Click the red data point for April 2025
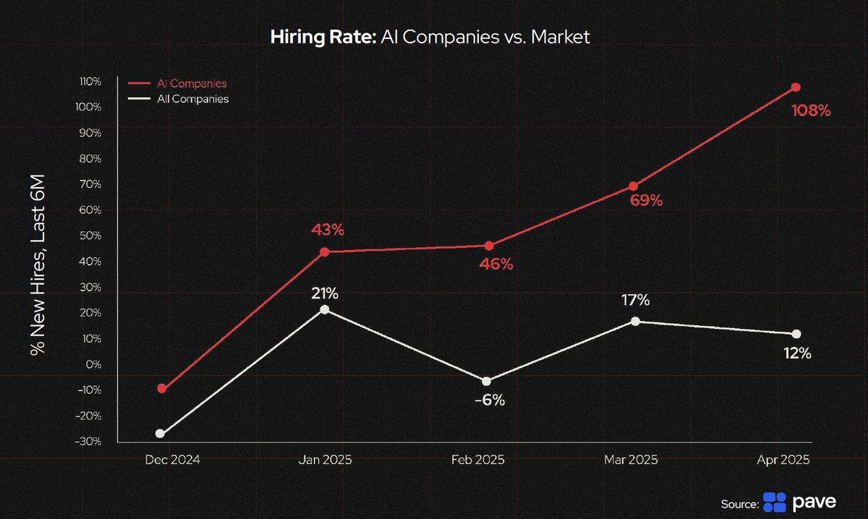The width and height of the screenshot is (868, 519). pos(796,87)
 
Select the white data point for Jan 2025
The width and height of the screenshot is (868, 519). pos(325,309)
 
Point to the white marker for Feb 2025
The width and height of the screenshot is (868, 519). pos(486,381)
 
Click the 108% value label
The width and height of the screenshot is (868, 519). pos(811,111)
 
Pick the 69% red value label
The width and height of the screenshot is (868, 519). pos(645,201)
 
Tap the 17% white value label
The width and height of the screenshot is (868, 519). pos(635,299)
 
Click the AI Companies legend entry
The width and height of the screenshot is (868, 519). pos(192,84)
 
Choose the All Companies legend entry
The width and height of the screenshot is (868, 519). pos(192,99)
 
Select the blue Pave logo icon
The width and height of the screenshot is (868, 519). pos(774,502)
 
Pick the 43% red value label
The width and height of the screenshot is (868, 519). pos(327,230)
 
